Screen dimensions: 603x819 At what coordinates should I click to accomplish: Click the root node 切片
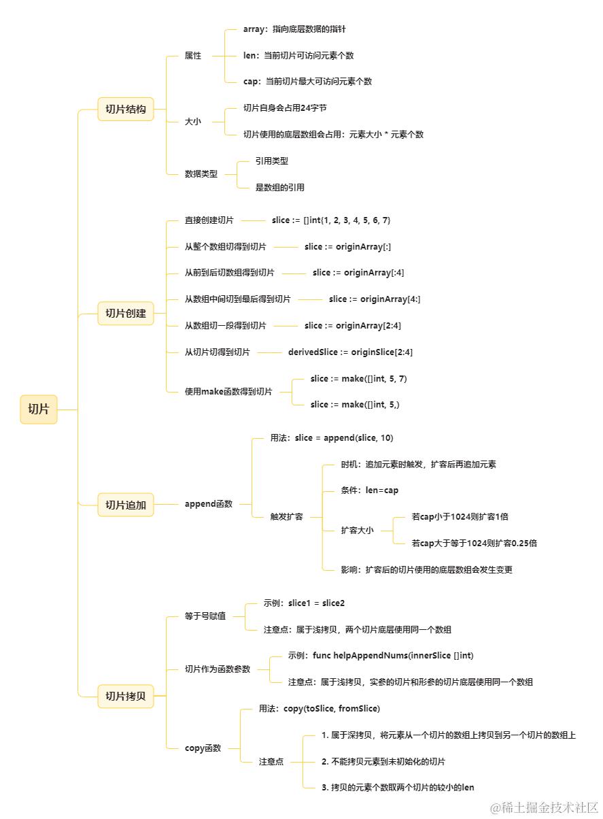point(39,409)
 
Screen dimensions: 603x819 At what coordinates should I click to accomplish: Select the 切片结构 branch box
point(126,109)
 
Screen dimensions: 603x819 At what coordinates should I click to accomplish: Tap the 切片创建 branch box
point(126,314)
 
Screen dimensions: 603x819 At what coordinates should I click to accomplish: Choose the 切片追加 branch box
point(126,505)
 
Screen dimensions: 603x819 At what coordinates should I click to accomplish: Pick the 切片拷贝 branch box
point(126,696)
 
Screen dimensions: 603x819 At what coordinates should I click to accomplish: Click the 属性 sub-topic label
point(193,56)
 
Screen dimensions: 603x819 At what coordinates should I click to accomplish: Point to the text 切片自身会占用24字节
point(285,108)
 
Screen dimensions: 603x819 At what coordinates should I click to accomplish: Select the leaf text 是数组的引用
point(280,188)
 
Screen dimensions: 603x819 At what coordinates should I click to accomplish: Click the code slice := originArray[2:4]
point(353,326)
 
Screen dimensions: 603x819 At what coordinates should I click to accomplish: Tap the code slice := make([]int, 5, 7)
point(358,379)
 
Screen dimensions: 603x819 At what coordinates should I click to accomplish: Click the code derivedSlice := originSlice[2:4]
point(350,352)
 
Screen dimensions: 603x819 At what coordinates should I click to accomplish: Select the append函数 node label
point(209,504)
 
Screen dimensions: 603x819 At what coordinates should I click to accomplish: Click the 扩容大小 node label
point(357,531)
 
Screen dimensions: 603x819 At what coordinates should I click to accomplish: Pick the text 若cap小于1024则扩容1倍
point(460,517)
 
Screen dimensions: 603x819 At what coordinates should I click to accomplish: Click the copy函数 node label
point(203,748)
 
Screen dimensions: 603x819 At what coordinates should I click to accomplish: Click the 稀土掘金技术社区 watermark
point(544,807)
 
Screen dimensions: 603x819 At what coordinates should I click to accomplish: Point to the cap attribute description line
point(307,82)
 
